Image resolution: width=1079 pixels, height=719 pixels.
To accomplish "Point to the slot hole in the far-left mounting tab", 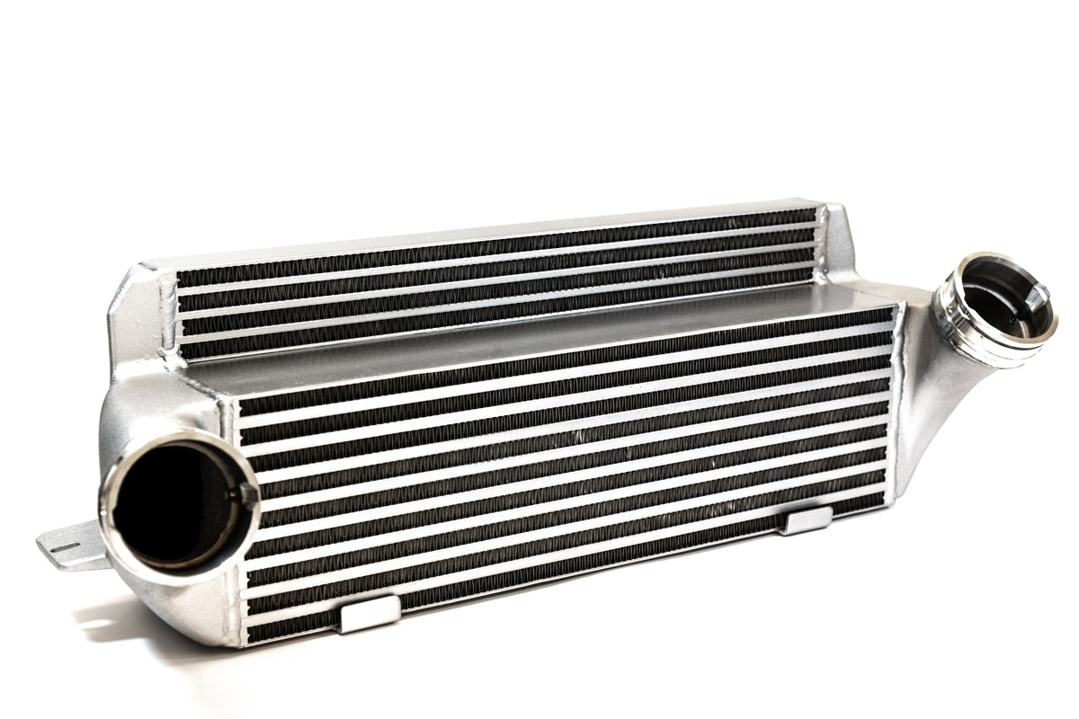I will (x=58, y=546).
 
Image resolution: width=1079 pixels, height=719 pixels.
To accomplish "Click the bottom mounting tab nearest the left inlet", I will (x=369, y=614).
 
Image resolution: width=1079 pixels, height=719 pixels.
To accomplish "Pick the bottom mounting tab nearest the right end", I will (x=807, y=520).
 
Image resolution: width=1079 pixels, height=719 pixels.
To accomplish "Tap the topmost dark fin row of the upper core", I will (x=495, y=247).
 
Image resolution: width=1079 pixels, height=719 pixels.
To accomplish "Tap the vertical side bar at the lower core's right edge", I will (x=894, y=404).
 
